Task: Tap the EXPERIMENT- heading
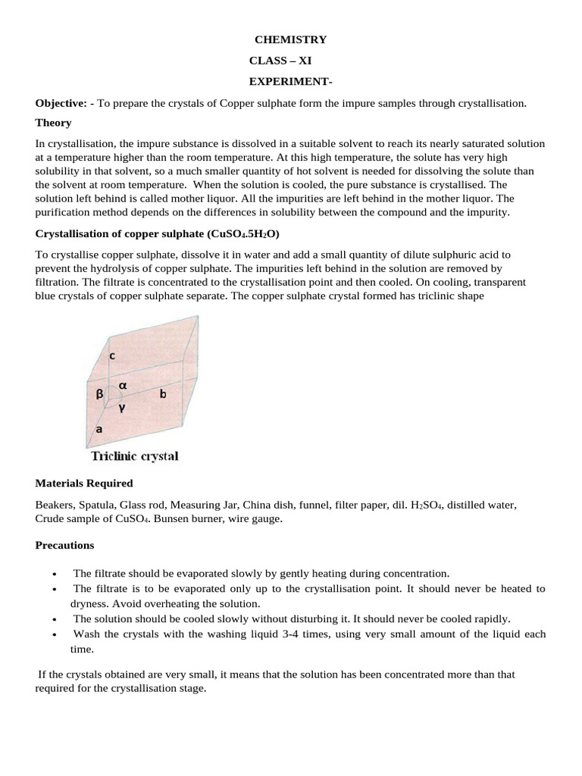tap(286, 80)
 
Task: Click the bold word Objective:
tap(61, 102)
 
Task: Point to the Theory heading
tap(53, 123)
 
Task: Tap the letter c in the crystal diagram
tap(111, 354)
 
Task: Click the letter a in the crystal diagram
tap(99, 429)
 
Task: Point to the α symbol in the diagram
tap(122, 385)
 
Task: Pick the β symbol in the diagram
tap(99, 394)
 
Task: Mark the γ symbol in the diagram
tap(121, 406)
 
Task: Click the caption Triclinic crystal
tap(134, 456)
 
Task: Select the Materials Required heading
tap(84, 483)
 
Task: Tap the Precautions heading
tap(64, 545)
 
